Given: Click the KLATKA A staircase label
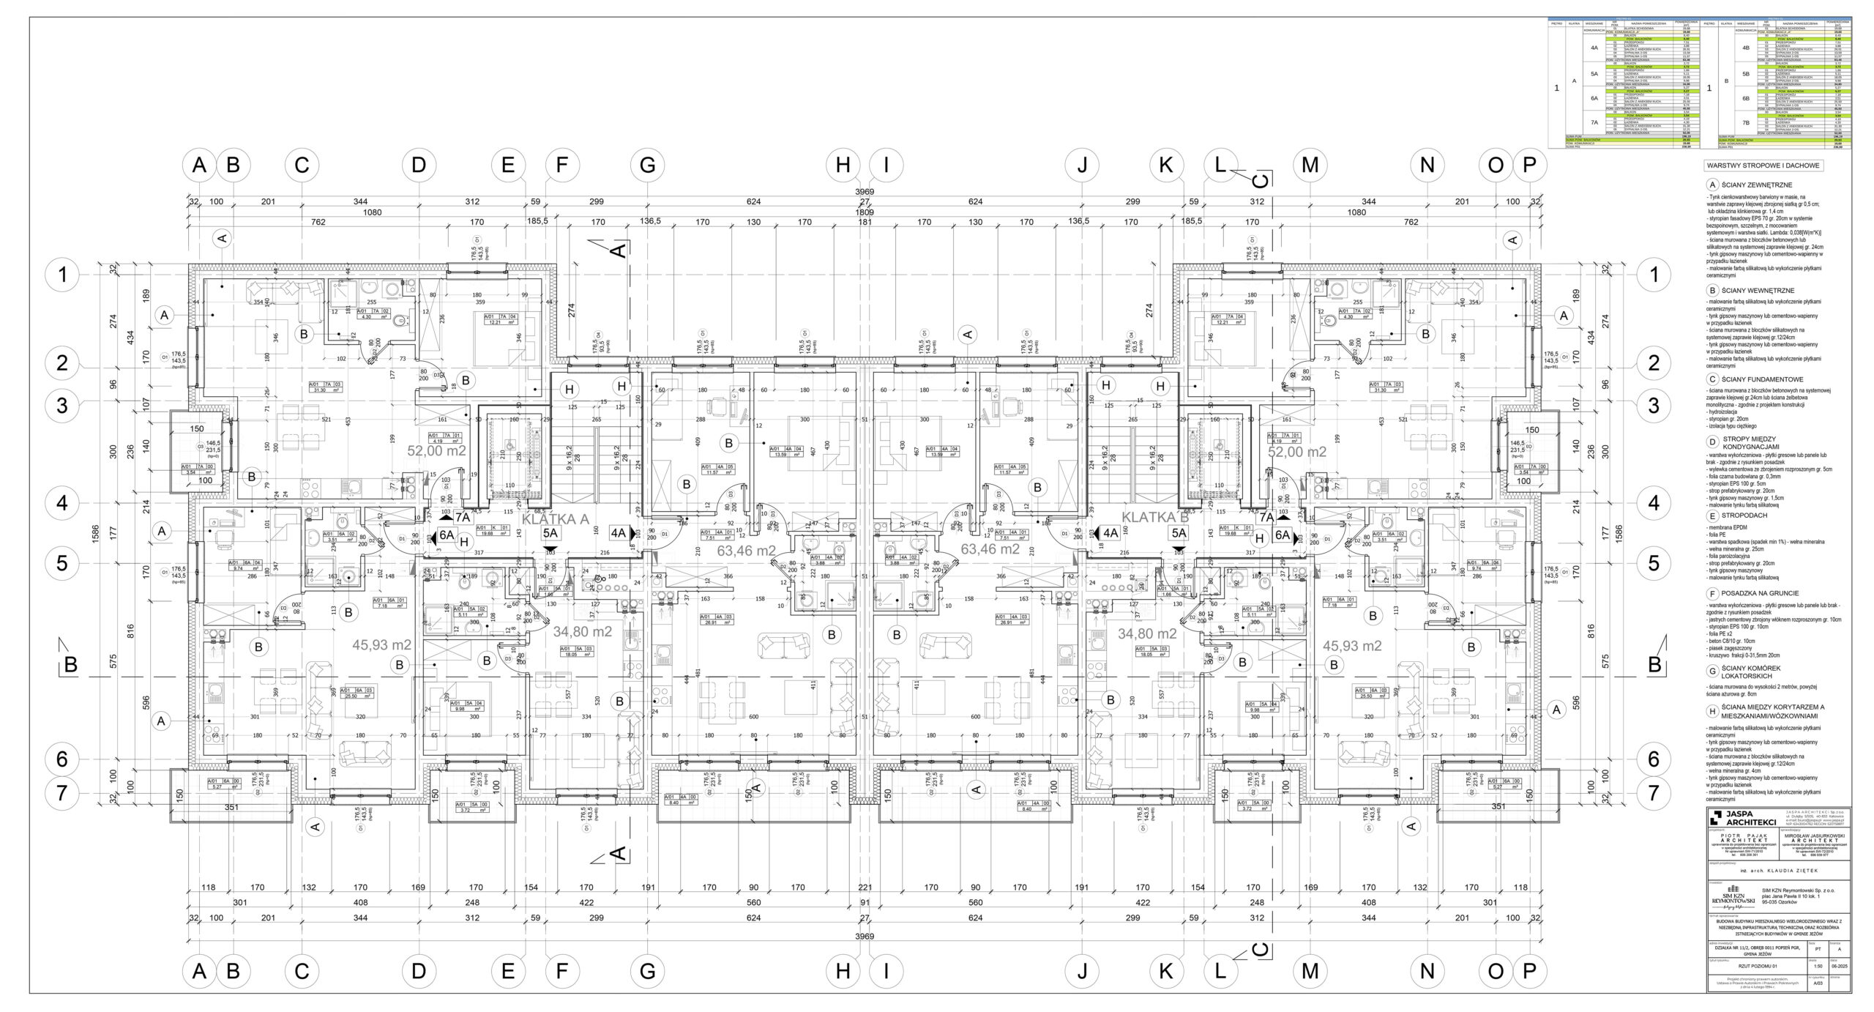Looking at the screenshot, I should [x=555, y=519].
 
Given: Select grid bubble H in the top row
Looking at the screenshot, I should [x=843, y=165].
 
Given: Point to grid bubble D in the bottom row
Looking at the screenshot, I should [x=418, y=971].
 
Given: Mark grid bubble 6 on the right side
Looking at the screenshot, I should [x=1653, y=759].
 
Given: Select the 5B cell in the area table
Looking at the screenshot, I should [x=1740, y=74].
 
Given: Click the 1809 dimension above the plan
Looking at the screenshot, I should [x=865, y=212].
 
